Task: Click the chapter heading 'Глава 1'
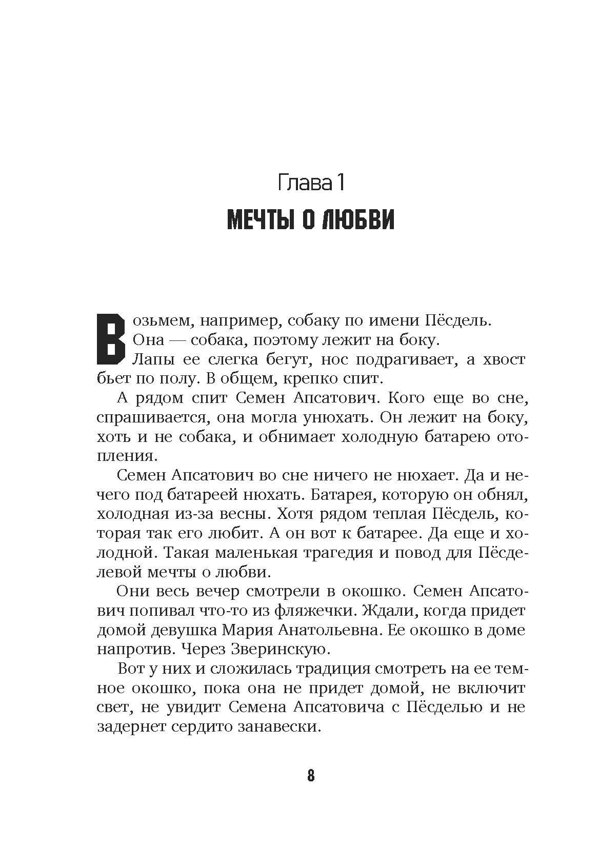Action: click(x=310, y=183)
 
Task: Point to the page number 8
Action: click(x=311, y=775)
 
